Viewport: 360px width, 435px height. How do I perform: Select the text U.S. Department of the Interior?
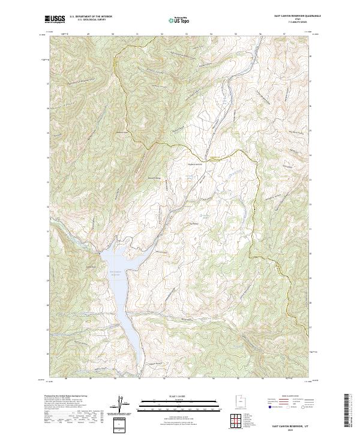point(91,17)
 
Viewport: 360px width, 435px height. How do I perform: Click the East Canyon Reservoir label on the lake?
point(117,274)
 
